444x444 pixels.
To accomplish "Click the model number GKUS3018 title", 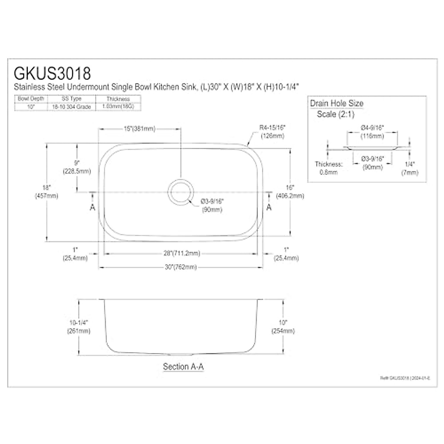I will click(52, 73).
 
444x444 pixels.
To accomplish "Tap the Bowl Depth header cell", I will click(31, 99).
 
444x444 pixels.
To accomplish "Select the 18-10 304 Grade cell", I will click(71, 107).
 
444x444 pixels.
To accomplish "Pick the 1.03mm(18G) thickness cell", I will click(118, 107).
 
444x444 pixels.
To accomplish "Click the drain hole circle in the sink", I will click(181, 192).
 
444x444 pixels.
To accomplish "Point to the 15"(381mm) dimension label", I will click(139, 129).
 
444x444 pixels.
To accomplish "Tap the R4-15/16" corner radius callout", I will click(273, 131).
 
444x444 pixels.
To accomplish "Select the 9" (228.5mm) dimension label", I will click(77, 167).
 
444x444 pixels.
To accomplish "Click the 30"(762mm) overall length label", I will click(181, 267).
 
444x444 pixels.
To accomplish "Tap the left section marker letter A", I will click(92, 207).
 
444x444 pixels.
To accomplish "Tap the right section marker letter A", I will click(269, 207).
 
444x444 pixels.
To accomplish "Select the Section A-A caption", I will click(183, 367).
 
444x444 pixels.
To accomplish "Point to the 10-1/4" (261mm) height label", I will click(78, 327).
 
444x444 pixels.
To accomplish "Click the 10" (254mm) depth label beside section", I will click(283, 327).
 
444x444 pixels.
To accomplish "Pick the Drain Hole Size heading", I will click(337, 103).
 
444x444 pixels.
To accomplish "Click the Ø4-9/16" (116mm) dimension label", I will click(372, 132).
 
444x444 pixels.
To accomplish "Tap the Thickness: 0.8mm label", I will click(329, 168).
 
